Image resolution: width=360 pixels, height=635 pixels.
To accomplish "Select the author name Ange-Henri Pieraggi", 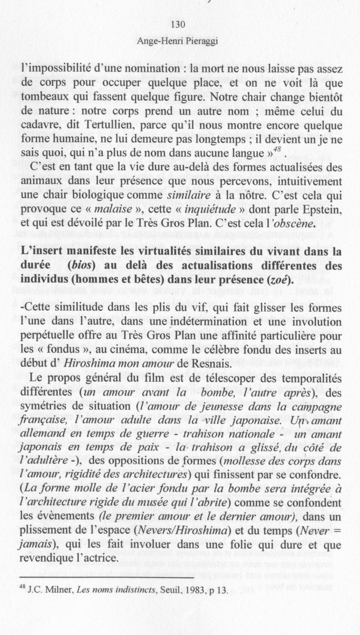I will (178, 42).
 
